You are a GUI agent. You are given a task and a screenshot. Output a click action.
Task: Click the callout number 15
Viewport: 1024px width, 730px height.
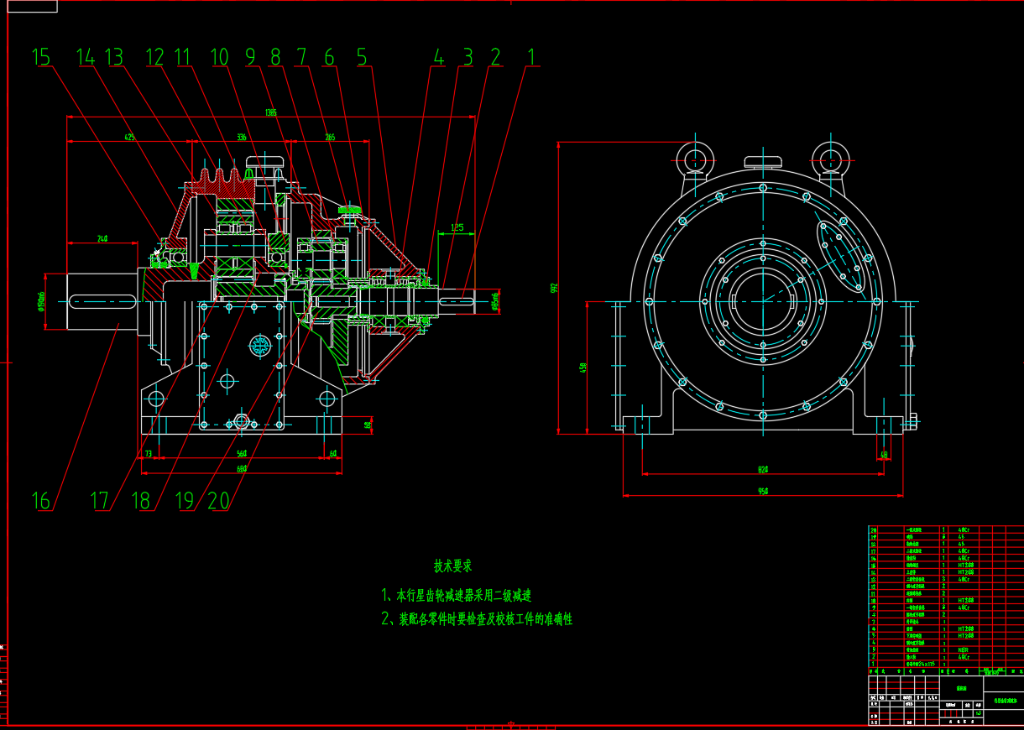pos(40,57)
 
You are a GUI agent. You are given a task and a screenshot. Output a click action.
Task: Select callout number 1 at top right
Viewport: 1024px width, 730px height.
pos(530,57)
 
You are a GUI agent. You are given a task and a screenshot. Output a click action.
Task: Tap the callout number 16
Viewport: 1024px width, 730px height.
pos(40,501)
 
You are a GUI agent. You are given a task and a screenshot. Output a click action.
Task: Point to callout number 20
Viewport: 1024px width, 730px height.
pos(218,501)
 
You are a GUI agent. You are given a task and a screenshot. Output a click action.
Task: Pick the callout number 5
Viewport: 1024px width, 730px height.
pos(361,57)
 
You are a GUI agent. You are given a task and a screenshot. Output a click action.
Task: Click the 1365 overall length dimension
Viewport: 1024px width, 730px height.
pos(270,112)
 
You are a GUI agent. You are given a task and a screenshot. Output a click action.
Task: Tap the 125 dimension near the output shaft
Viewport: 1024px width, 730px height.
pos(457,227)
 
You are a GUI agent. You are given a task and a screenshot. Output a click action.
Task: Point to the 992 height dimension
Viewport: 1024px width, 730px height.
pos(554,288)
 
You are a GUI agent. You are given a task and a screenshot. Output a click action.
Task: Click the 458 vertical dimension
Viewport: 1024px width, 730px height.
pos(583,367)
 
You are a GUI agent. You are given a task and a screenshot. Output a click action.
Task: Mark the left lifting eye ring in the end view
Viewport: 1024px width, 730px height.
pos(694,154)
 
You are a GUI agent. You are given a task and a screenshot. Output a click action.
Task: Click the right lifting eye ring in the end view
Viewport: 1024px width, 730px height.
pos(831,154)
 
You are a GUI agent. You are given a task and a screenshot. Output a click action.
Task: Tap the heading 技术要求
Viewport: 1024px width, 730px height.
pos(452,566)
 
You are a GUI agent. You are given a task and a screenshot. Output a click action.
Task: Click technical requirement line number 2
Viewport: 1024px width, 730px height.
pos(476,619)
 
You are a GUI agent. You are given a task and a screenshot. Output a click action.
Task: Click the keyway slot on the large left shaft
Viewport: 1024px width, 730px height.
pos(99,300)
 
